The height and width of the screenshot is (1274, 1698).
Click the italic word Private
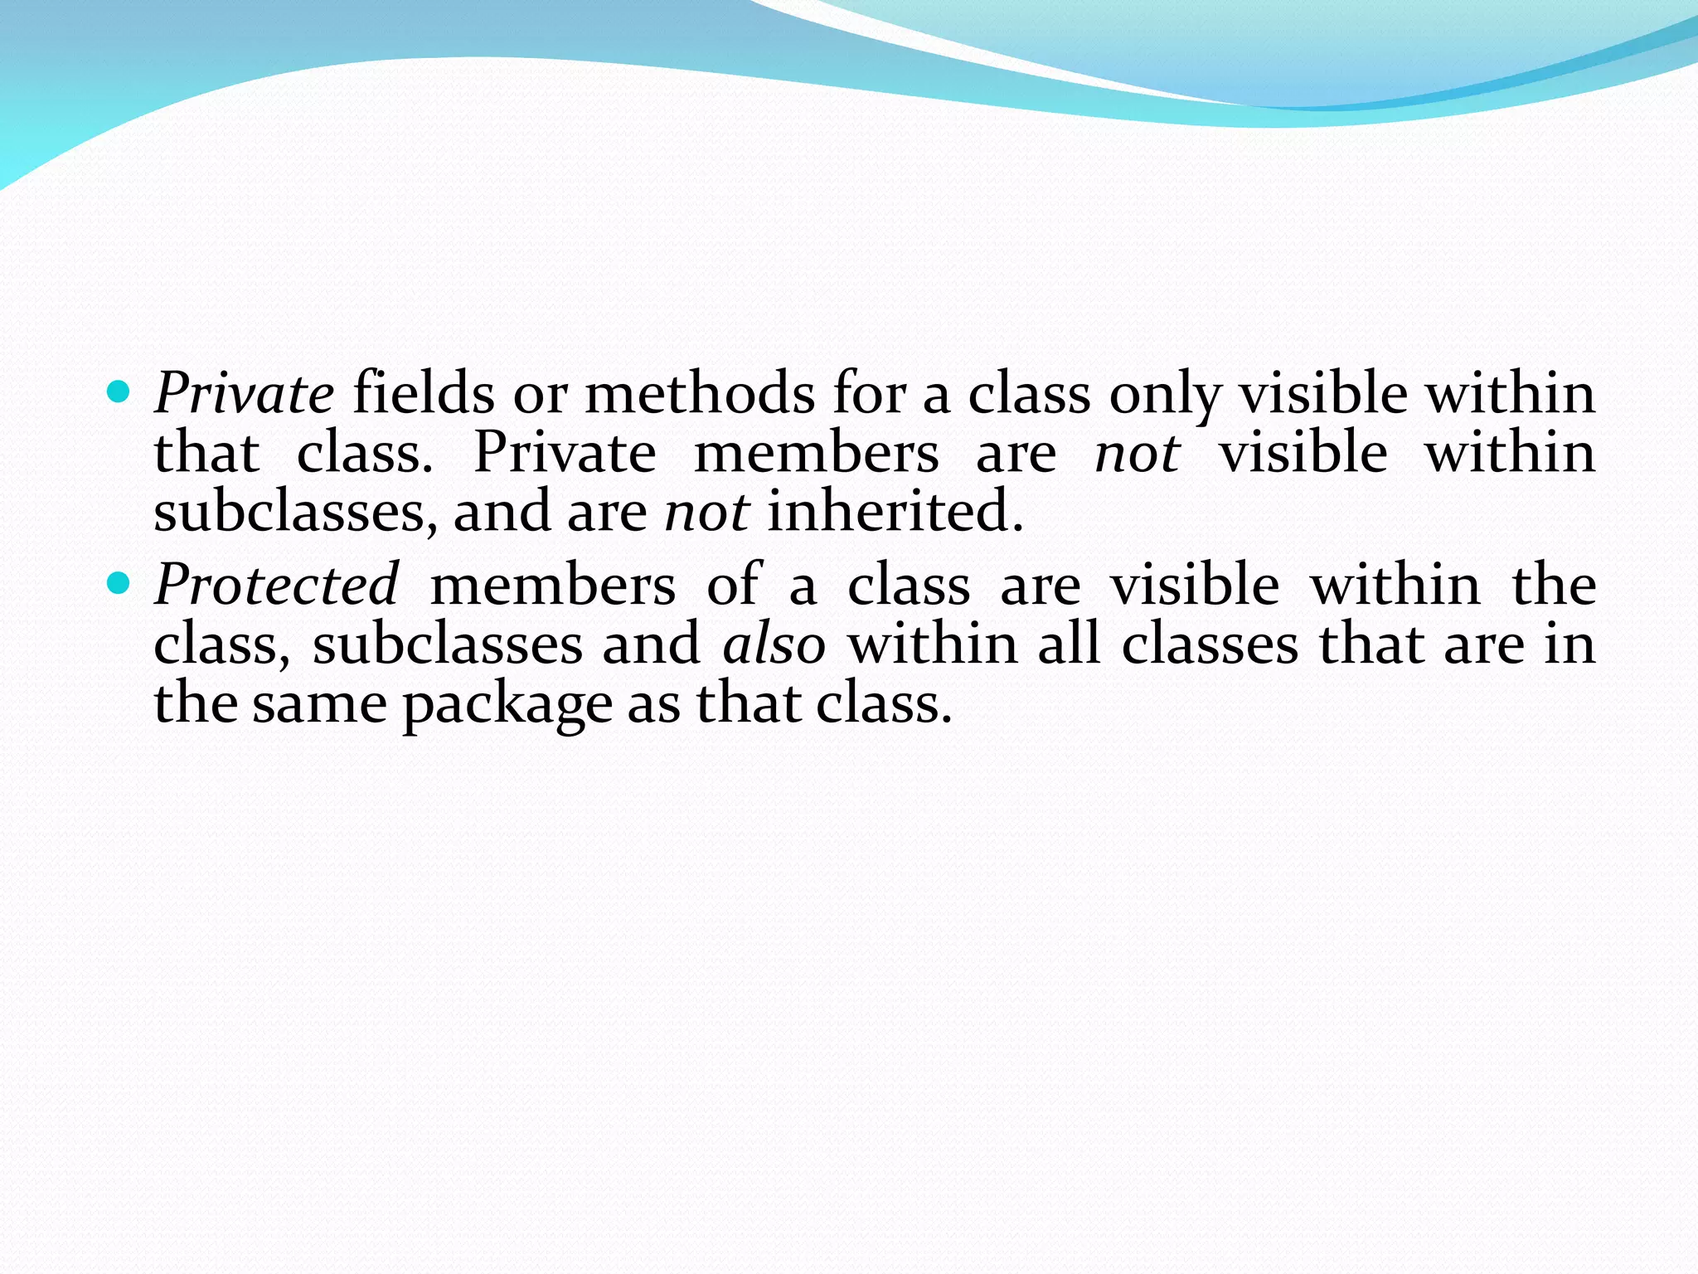[x=244, y=394]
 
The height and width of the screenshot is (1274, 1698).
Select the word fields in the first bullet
[x=424, y=394]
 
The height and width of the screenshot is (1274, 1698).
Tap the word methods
[x=700, y=394]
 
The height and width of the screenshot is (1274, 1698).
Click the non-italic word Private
[x=565, y=454]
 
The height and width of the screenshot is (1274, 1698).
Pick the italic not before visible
[x=1137, y=454]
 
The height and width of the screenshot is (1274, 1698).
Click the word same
[x=319, y=704]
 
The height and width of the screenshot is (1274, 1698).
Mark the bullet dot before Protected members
[x=119, y=582]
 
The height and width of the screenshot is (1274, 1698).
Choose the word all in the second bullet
[x=1069, y=644]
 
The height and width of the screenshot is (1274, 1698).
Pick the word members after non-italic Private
[x=816, y=454]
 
